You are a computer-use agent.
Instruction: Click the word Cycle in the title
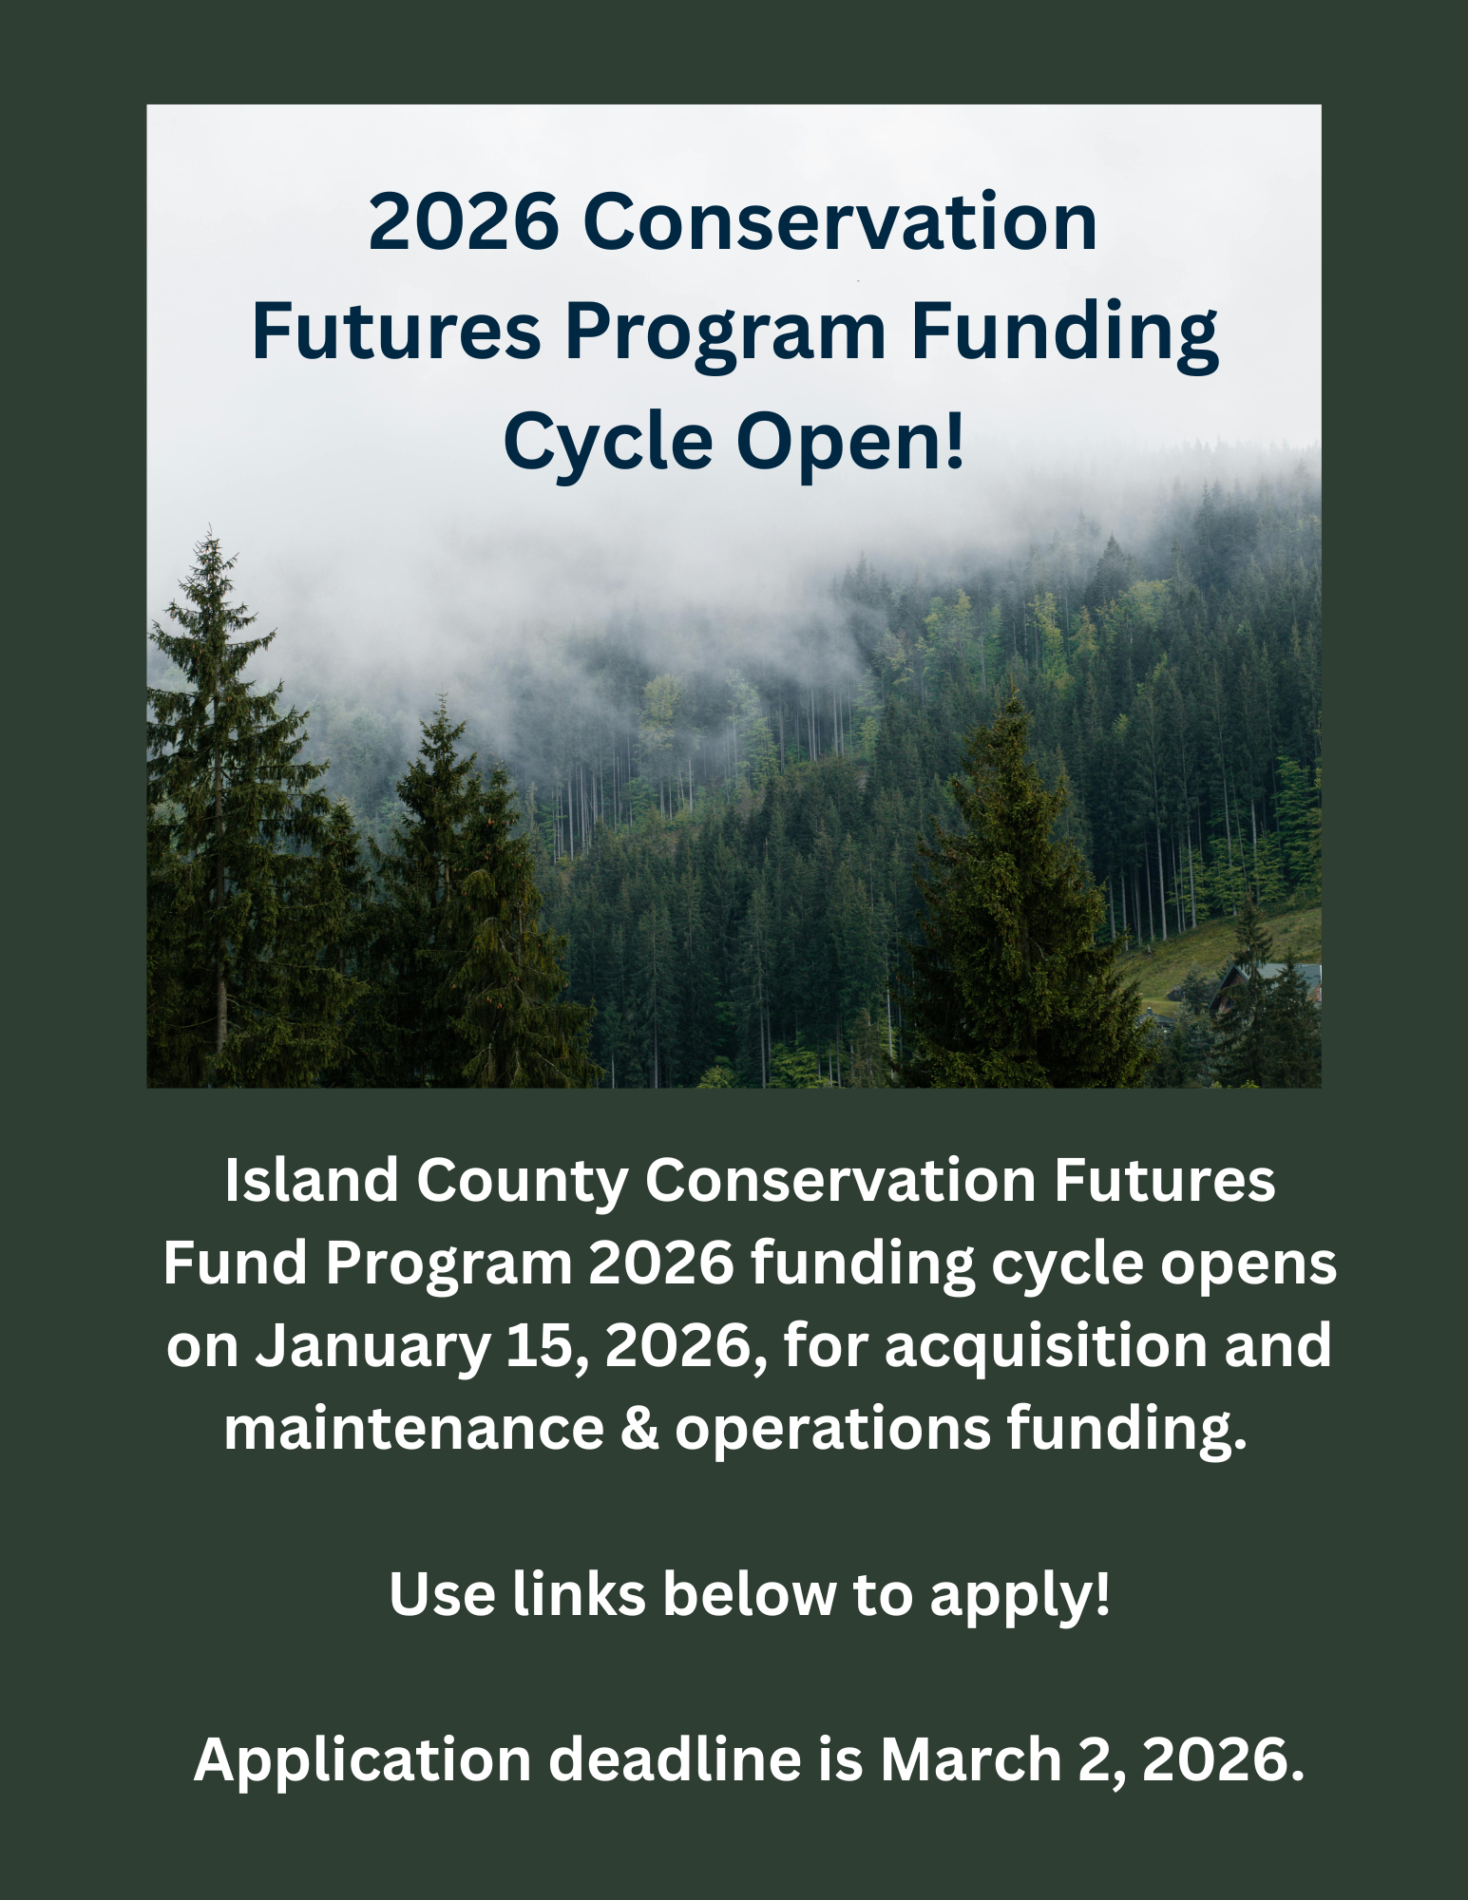[608, 443]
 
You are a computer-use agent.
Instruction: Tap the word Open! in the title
[850, 443]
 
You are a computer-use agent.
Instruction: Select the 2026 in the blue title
[464, 222]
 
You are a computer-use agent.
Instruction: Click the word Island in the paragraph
[312, 1181]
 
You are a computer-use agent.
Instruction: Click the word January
[372, 1347]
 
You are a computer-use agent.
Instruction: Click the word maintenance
[414, 1428]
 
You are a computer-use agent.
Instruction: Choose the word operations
[832, 1428]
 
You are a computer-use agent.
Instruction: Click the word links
[580, 1594]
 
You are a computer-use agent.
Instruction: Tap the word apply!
[1020, 1594]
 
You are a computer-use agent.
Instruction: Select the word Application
[362, 1759]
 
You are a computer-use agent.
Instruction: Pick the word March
[970, 1759]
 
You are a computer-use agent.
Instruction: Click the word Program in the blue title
[726, 332]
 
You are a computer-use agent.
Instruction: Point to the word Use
[442, 1594]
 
